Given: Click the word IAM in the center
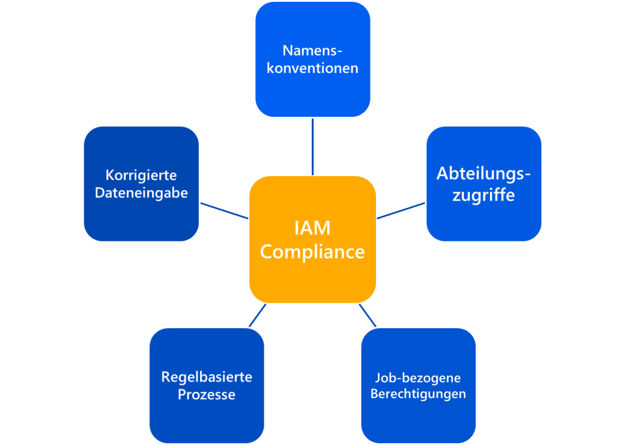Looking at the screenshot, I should point(312,229).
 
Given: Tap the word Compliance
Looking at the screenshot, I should point(312,252).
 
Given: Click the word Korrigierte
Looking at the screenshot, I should point(141,175).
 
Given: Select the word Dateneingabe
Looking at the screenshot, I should point(141,193).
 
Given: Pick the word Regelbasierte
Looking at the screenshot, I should point(206,377).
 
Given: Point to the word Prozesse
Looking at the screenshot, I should point(206,395).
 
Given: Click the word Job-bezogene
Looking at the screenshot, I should point(418,377).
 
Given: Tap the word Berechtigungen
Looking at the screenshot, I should point(418,394).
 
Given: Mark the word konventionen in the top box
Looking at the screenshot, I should point(312,68).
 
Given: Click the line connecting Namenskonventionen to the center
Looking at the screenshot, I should point(312,147).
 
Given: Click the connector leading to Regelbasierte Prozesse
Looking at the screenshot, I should point(258,315).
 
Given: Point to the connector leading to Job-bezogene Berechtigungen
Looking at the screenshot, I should point(367,315).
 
